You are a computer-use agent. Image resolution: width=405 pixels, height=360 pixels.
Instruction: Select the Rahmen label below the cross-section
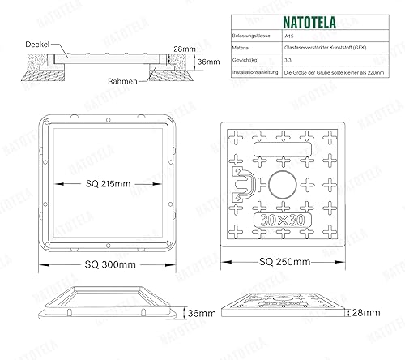pos(122,81)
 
